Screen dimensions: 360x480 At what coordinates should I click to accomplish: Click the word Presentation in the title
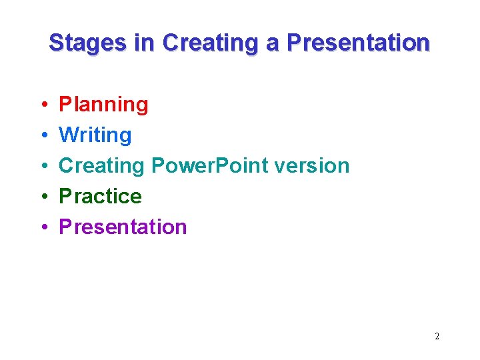pyautogui.click(x=358, y=43)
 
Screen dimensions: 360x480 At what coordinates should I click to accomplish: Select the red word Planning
pyautogui.click(x=104, y=105)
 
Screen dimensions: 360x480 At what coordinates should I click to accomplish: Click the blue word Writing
pyautogui.click(x=95, y=135)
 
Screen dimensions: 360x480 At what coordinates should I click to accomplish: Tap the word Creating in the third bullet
pyautogui.click(x=103, y=166)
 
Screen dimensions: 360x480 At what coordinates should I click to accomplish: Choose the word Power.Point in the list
pyautogui.click(x=208, y=166)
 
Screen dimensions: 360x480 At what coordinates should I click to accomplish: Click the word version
pyautogui.click(x=309, y=166)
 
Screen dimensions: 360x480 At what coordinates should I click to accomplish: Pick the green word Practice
pyautogui.click(x=101, y=197)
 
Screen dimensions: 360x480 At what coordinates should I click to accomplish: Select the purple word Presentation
pyautogui.click(x=123, y=227)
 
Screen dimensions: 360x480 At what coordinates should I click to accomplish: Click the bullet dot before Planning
pyautogui.click(x=42, y=105)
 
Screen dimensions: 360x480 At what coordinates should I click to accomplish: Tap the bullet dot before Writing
pyautogui.click(x=42, y=136)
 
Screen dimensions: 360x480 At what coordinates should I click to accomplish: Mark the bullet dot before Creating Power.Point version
pyautogui.click(x=42, y=167)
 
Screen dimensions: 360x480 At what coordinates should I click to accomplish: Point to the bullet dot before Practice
pyautogui.click(x=42, y=197)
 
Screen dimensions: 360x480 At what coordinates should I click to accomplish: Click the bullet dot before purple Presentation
pyautogui.click(x=42, y=228)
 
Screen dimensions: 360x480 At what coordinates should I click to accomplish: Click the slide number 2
pyautogui.click(x=437, y=337)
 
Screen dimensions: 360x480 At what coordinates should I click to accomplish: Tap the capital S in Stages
pyautogui.click(x=56, y=43)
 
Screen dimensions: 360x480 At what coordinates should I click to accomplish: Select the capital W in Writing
pyautogui.click(x=68, y=135)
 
